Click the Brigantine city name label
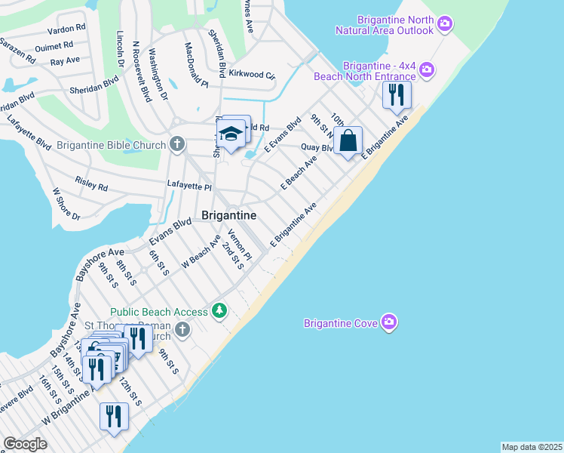pyautogui.click(x=228, y=215)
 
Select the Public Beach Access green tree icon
pyautogui.click(x=219, y=310)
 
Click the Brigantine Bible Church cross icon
pyautogui.click(x=177, y=143)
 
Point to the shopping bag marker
pyautogui.click(x=348, y=140)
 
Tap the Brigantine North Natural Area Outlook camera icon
pyautogui.click(x=445, y=23)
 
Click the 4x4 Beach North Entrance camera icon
pyautogui.click(x=427, y=70)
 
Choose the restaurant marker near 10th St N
pyautogui.click(x=396, y=95)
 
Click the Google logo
pyautogui.click(x=25, y=444)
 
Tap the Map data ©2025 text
pyautogui.click(x=532, y=447)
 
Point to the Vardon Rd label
pyautogui.click(x=66, y=29)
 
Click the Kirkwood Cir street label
pyautogui.click(x=252, y=75)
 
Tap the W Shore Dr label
pyautogui.click(x=65, y=205)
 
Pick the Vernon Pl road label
pyautogui.click(x=239, y=245)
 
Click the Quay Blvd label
pyautogui.click(x=317, y=147)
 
